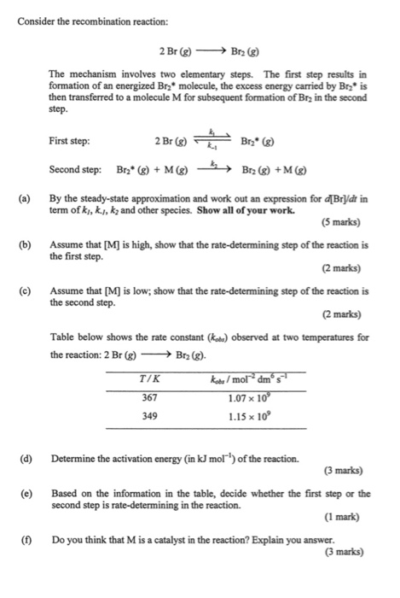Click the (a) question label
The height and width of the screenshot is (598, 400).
(x=26, y=199)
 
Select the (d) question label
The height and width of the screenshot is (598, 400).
(x=26, y=460)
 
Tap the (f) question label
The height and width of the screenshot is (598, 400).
(x=26, y=540)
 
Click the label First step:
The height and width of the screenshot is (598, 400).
(x=70, y=142)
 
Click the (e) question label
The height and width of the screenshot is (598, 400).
(x=26, y=493)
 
